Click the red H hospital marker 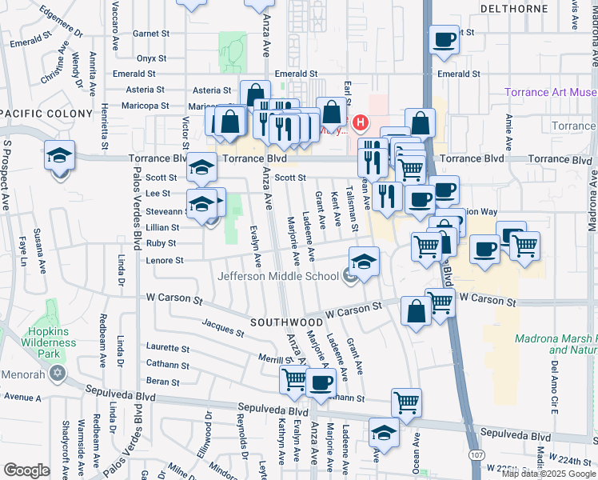click(361, 123)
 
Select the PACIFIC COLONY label click(46, 114)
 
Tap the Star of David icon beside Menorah click(57, 373)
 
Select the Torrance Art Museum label click(551, 93)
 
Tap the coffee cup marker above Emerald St click(444, 39)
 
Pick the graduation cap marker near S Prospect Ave click(59, 154)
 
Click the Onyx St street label click(150, 58)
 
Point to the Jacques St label click(222, 326)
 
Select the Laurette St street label click(168, 348)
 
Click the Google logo click(26, 470)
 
